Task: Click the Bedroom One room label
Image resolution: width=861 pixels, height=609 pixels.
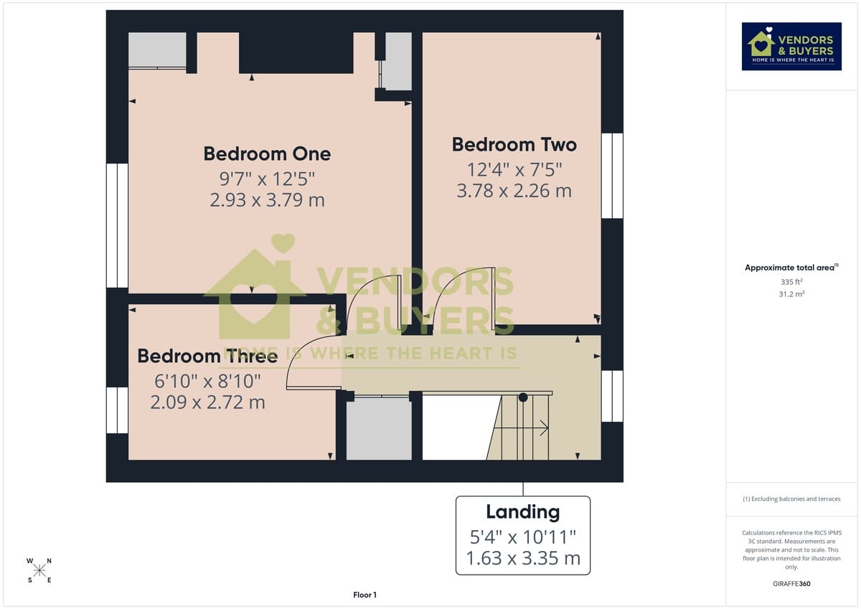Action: coord(267,154)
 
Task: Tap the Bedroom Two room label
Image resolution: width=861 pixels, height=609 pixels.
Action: coord(514,145)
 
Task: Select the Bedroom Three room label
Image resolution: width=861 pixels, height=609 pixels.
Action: coord(207,357)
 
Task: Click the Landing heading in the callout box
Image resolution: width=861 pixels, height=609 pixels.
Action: coord(522,512)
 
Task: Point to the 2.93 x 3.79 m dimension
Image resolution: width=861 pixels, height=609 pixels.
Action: coord(267,200)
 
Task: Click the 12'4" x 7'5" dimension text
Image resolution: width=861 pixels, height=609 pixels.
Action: coord(514,170)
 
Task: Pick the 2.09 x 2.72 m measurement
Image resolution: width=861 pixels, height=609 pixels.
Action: coord(207,402)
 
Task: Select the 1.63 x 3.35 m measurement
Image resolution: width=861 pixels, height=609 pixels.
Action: coord(522,558)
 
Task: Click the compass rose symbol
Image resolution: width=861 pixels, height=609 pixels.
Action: coord(40,570)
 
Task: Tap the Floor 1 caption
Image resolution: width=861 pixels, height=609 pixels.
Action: coord(364,595)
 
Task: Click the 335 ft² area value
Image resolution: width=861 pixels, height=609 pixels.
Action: coord(791,283)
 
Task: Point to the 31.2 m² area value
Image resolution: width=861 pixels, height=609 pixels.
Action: coord(791,294)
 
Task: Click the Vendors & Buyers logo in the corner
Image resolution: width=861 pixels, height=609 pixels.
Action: coord(791,47)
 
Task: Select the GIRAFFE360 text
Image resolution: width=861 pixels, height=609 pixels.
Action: coord(791,584)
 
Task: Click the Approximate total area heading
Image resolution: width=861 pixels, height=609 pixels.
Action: coord(791,268)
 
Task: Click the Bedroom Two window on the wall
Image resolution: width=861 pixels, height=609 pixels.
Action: coord(612,176)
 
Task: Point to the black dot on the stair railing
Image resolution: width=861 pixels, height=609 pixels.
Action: coord(523,397)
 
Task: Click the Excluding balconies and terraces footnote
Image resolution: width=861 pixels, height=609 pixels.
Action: coord(791,499)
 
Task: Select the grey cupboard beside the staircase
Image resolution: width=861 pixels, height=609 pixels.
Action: coord(379,428)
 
